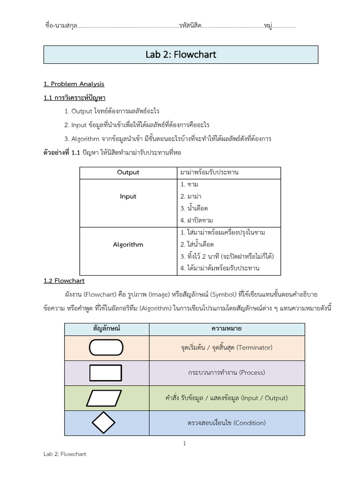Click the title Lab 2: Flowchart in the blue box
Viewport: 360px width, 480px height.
click(x=180, y=55)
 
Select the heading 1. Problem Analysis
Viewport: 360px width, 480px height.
click(x=74, y=84)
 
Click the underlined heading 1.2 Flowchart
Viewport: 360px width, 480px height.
click(x=64, y=281)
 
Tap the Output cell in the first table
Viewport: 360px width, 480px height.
click(x=128, y=172)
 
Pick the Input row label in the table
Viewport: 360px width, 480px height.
click(x=128, y=196)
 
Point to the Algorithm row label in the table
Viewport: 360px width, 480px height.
click(x=128, y=245)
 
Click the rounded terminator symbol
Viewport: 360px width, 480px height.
click(x=106, y=347)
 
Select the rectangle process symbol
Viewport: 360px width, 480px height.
click(x=106, y=373)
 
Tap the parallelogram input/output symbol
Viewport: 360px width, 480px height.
click(x=106, y=398)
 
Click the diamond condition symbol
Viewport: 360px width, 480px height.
click(x=106, y=423)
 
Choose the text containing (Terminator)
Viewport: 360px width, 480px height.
click(x=226, y=348)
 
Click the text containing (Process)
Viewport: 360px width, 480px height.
click(x=226, y=373)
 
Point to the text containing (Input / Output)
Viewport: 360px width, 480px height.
click(x=226, y=398)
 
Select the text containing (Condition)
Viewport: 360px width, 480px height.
click(x=226, y=423)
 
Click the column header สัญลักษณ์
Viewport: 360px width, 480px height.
click(x=107, y=329)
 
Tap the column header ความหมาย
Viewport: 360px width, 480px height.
click(x=226, y=329)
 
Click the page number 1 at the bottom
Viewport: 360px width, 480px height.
click(x=185, y=443)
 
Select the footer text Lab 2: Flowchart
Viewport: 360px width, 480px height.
click(x=65, y=454)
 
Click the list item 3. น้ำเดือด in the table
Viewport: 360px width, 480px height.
click(x=194, y=208)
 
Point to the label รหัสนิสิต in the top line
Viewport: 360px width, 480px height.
click(x=190, y=26)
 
